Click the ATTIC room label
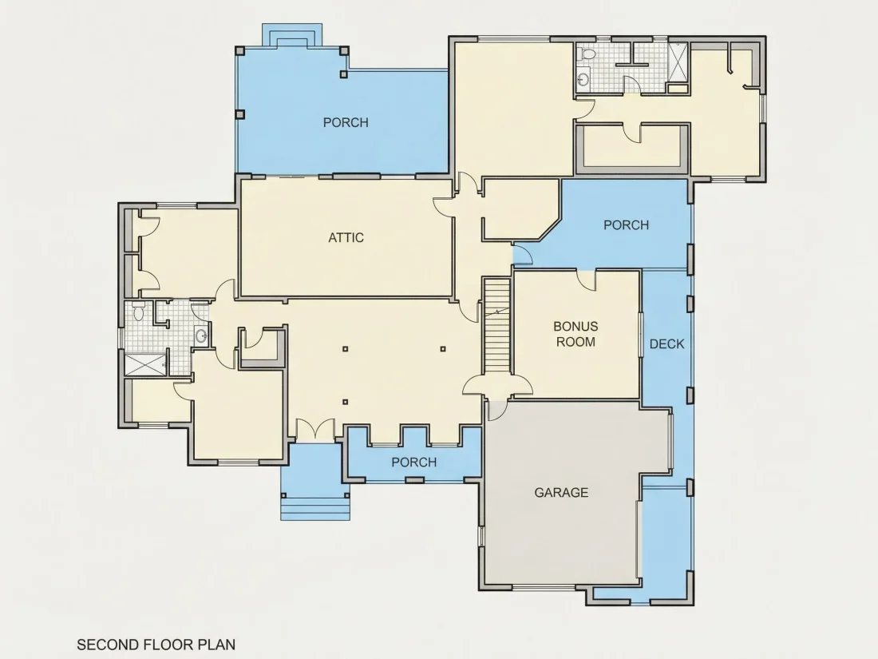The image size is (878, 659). [346, 237]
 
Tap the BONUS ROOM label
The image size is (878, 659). [575, 334]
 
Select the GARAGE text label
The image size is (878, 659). [561, 493]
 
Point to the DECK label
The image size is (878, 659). [667, 344]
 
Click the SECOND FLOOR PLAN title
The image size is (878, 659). [156, 645]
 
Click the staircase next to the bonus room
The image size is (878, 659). [497, 326]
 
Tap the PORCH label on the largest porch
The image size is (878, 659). [346, 122]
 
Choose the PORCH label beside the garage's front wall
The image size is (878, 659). [413, 462]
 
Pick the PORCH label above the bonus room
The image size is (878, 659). [626, 225]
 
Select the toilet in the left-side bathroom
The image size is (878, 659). [138, 312]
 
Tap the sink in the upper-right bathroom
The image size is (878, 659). [583, 79]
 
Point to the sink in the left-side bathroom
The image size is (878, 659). [201, 335]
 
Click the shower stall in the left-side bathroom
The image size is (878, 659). [145, 364]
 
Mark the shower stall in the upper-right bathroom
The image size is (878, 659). [678, 63]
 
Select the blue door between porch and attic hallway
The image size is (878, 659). [523, 255]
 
